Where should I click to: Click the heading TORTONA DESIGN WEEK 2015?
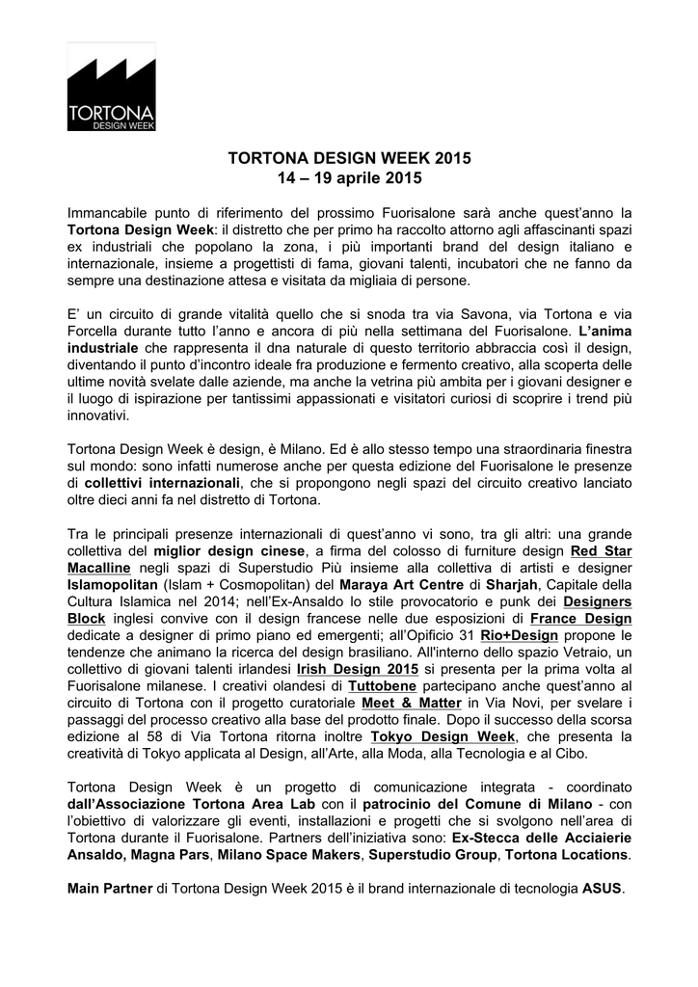[x=348, y=158]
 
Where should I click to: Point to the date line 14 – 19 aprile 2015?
[x=348, y=178]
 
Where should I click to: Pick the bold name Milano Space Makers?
[x=288, y=855]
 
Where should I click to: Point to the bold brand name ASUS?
[x=603, y=890]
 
